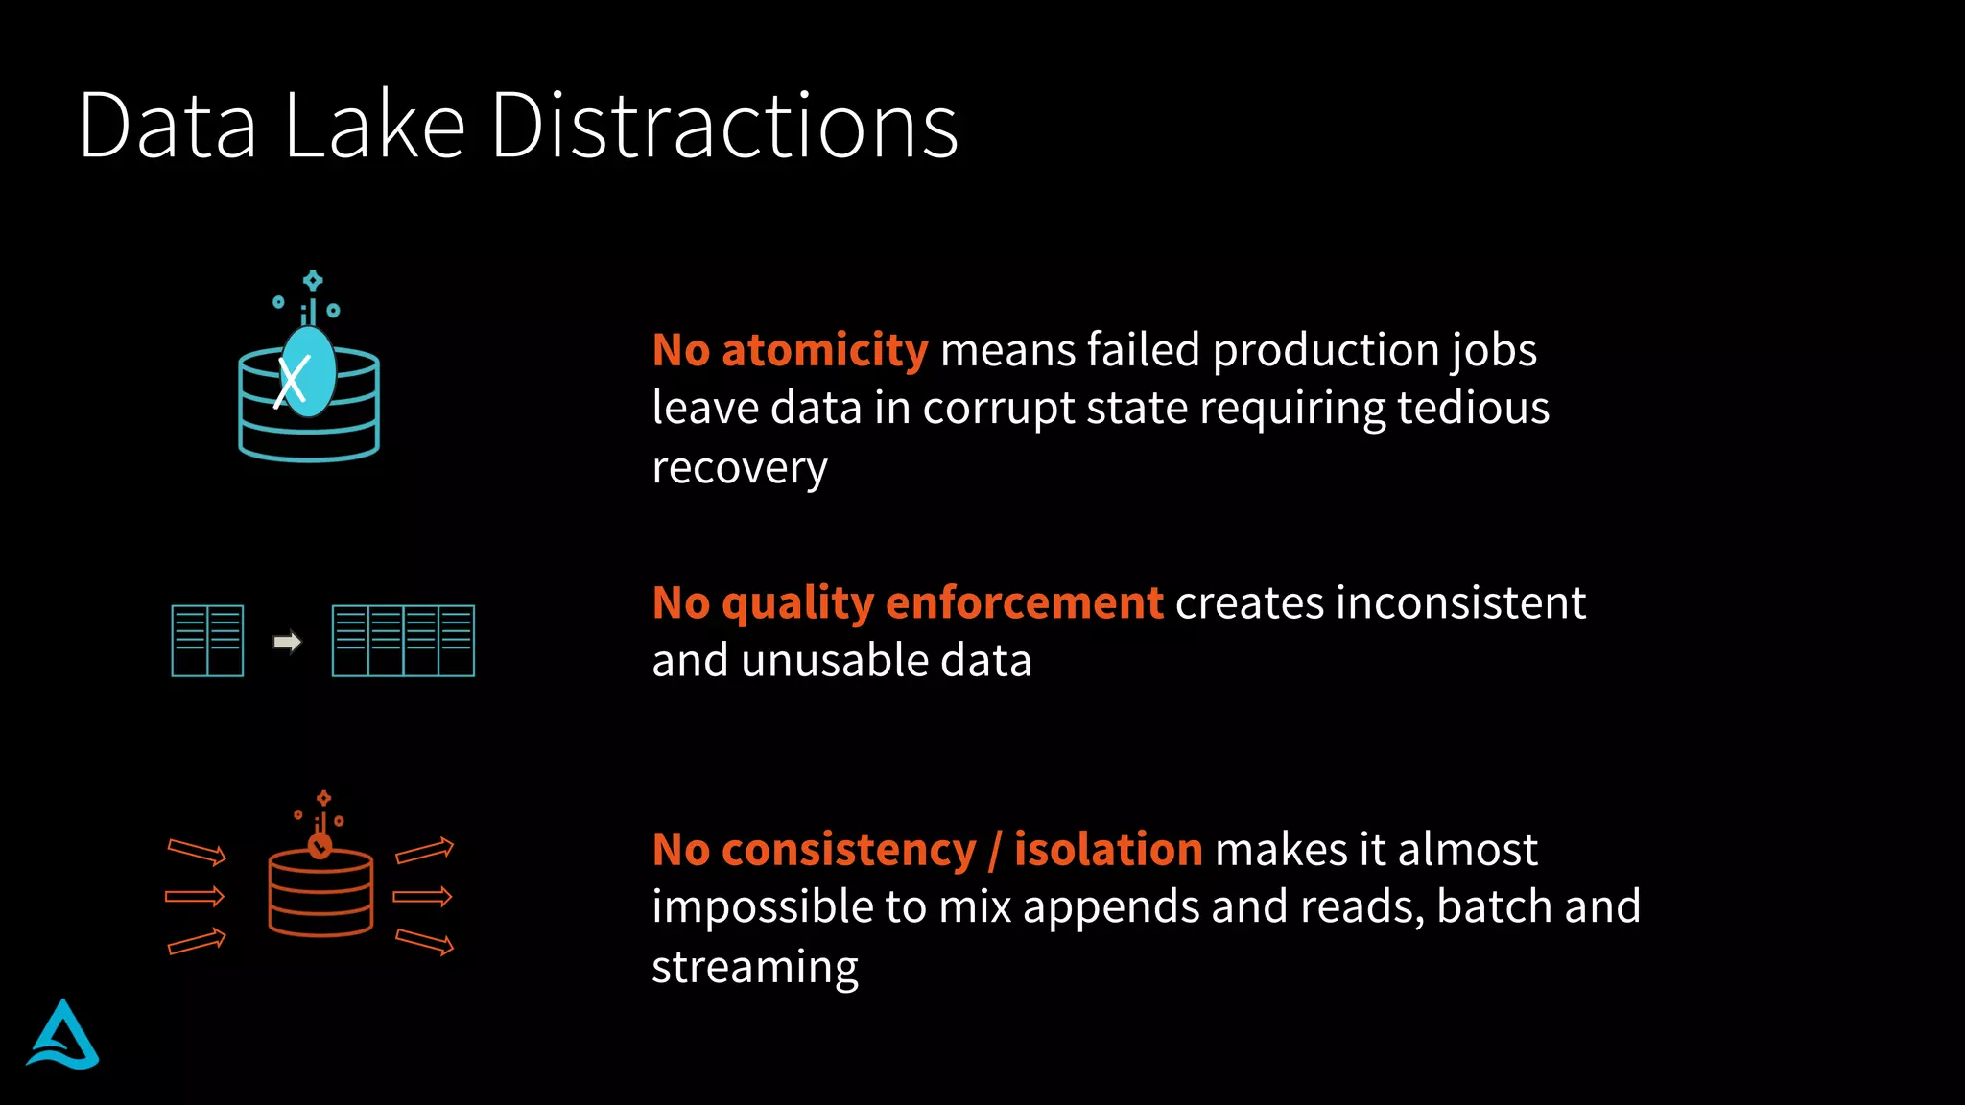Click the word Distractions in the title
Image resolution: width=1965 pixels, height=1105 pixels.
(724, 126)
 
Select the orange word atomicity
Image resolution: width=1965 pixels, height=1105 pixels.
(824, 350)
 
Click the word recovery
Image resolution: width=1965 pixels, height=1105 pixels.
(739, 468)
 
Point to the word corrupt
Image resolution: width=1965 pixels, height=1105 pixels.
(998, 409)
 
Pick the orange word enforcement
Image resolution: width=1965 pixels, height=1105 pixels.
(1024, 603)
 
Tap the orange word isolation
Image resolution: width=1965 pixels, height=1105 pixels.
(1108, 850)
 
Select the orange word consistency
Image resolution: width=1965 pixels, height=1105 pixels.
(848, 850)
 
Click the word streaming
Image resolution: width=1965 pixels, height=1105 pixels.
(754, 967)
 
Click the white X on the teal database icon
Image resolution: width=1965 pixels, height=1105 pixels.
(293, 380)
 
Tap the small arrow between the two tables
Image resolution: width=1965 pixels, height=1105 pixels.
(287, 641)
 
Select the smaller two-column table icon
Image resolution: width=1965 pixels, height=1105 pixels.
(207, 641)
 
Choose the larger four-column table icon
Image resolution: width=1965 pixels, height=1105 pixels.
(403, 641)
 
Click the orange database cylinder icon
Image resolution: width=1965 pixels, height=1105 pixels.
(320, 890)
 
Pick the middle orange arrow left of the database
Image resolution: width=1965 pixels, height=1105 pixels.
(195, 897)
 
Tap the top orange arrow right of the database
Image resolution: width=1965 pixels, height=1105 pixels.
(424, 850)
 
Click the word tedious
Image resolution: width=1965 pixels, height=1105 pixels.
(1473, 409)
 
